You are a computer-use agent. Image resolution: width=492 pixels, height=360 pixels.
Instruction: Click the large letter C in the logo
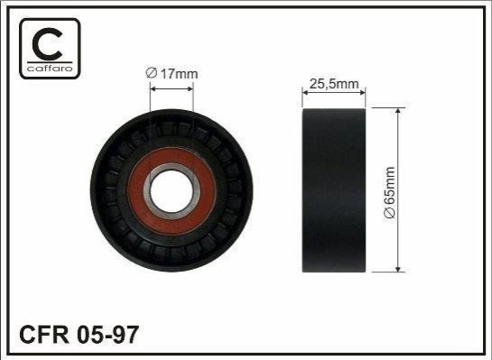(x=47, y=44)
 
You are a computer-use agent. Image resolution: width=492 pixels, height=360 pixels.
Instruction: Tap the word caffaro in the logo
(x=50, y=69)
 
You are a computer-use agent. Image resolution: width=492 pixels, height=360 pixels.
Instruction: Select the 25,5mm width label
(x=334, y=84)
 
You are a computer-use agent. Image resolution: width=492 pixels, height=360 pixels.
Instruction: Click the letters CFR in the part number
(x=44, y=335)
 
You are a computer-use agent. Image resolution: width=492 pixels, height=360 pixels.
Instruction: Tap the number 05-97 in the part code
(x=107, y=335)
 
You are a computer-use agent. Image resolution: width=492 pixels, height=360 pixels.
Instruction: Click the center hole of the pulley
(x=172, y=190)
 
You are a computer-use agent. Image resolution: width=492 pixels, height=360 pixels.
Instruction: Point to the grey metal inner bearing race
(x=172, y=167)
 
